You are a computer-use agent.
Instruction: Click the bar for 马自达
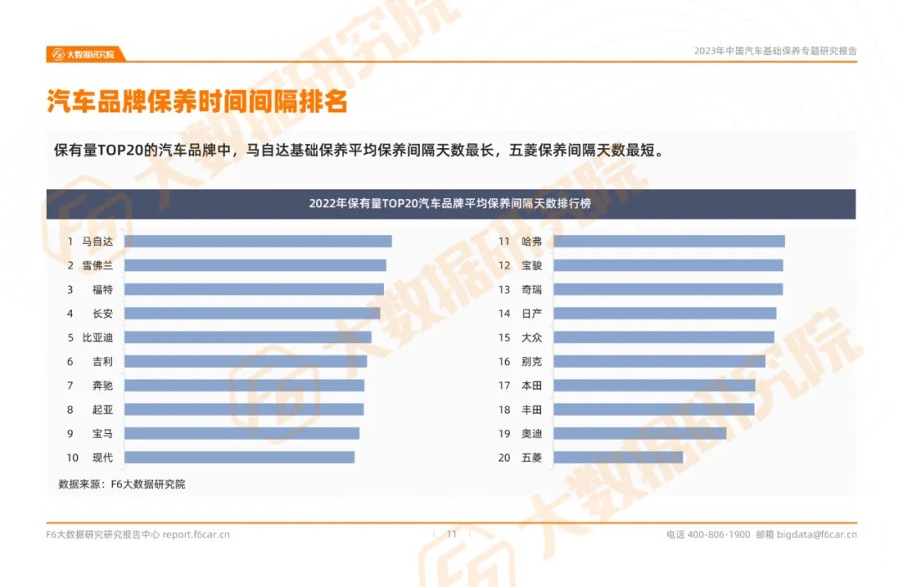(x=258, y=241)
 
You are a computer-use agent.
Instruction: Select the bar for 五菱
(x=618, y=457)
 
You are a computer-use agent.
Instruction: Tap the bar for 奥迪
(x=640, y=433)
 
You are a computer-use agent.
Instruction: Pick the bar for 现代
(x=239, y=457)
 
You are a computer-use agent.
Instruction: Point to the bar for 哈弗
(x=669, y=241)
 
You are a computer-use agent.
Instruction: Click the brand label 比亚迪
(x=97, y=338)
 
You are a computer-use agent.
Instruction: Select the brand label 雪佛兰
(x=97, y=265)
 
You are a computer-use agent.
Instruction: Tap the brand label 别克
(x=531, y=361)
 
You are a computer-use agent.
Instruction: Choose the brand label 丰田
(x=531, y=410)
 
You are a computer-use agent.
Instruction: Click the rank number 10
(x=72, y=457)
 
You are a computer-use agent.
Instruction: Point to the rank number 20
(x=504, y=457)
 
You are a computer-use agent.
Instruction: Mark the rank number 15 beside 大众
(x=504, y=338)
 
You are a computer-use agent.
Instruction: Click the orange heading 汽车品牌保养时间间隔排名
(x=196, y=102)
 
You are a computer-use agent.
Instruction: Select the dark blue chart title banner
(x=451, y=204)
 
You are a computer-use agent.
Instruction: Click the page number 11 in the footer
(x=451, y=534)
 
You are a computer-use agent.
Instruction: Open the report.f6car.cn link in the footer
(x=196, y=534)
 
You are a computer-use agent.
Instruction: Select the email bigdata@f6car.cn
(x=817, y=534)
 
